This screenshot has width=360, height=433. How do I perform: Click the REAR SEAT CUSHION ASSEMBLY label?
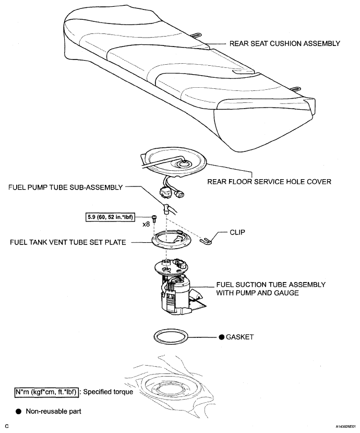(285, 44)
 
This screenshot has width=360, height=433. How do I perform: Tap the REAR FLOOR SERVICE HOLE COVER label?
(269, 182)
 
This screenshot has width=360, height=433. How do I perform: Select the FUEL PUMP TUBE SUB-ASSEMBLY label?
(65, 187)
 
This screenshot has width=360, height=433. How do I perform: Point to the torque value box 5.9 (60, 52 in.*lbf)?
(110, 217)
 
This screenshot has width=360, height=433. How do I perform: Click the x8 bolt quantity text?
(146, 224)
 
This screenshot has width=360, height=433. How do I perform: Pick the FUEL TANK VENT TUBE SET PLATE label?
(68, 242)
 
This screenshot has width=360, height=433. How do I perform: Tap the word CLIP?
(237, 232)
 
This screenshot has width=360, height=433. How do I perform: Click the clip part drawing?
(206, 241)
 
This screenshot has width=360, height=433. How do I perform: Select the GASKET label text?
(239, 337)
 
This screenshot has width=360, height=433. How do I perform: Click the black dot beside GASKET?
(222, 337)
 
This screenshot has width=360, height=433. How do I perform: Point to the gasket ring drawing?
(171, 330)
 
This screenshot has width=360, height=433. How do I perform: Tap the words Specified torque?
(108, 392)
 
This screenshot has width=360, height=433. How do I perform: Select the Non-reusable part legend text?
(54, 412)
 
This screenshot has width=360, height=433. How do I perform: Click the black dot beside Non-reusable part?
(18, 412)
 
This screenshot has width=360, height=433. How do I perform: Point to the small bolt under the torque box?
(154, 218)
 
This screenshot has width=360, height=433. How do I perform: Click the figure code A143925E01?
(346, 426)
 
